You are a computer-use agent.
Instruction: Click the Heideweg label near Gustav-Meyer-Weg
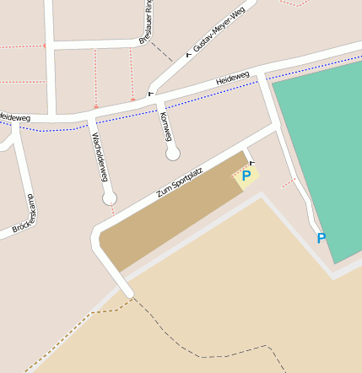tap(232, 78)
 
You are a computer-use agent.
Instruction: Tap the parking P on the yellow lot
tap(246, 176)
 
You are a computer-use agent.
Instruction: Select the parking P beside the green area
tap(321, 239)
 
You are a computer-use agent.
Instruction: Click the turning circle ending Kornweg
tap(173, 154)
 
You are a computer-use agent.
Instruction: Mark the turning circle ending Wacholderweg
tap(110, 198)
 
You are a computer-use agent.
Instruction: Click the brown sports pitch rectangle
tap(169, 215)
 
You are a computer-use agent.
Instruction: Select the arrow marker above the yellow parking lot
tap(251, 162)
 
